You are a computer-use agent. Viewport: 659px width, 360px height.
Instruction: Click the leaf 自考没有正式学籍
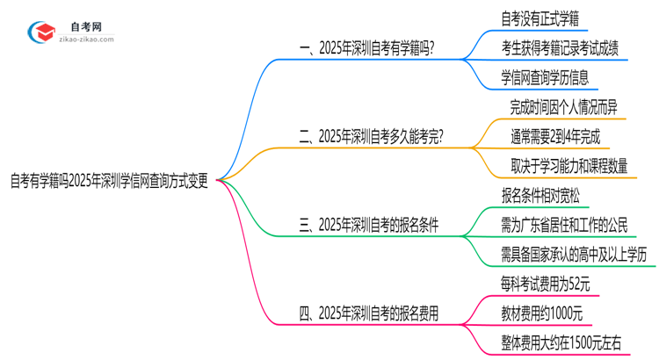point(539,16)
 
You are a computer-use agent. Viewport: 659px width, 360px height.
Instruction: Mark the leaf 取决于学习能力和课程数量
point(568,166)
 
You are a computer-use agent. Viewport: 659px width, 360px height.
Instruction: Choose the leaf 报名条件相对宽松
point(539,195)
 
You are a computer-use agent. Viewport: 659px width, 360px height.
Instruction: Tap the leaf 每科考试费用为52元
point(545,284)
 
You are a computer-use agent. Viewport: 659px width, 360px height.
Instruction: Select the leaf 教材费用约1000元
point(540,313)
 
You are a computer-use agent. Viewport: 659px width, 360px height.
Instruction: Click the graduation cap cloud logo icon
point(41,33)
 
